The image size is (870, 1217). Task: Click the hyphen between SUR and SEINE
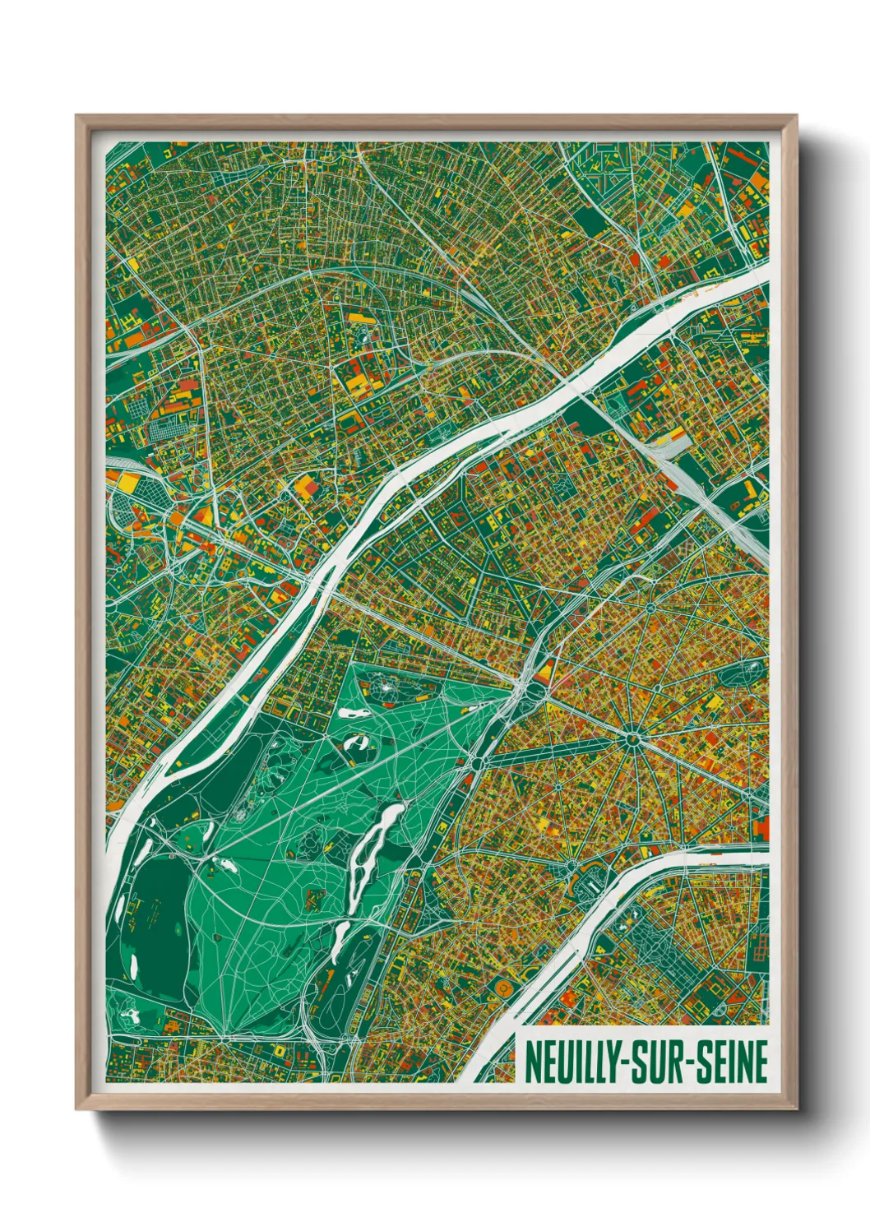click(x=690, y=1063)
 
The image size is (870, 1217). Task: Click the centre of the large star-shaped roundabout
click(x=632, y=739)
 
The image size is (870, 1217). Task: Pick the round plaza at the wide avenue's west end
click(x=476, y=765)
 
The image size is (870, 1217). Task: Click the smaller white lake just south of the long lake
click(x=342, y=934)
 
